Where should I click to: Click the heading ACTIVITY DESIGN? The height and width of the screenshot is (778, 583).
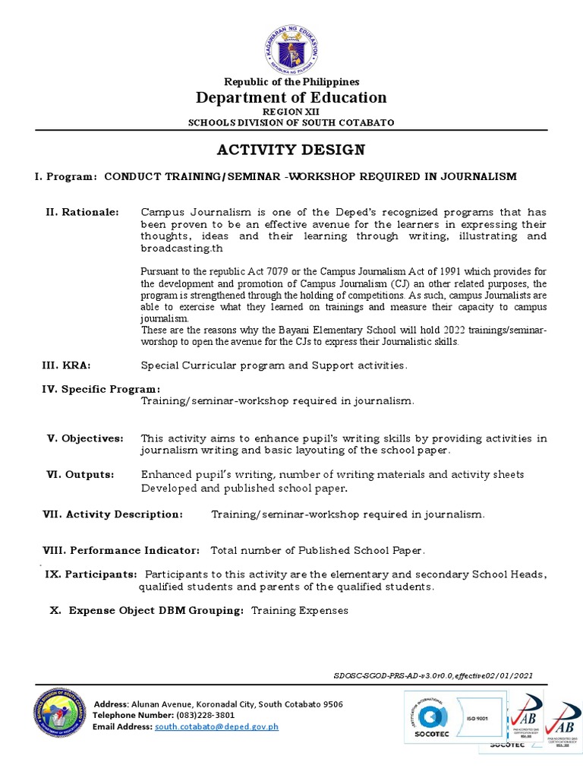pos(291,149)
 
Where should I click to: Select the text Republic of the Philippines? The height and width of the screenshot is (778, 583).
pos(291,82)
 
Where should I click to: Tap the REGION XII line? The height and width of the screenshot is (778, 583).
pos(291,112)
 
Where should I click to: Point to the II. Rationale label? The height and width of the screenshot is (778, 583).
pos(83,212)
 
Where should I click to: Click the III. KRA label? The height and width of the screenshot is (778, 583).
pos(66,365)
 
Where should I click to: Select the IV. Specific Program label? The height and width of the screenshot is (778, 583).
pos(100,389)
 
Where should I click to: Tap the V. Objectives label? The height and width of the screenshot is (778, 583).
pos(85,438)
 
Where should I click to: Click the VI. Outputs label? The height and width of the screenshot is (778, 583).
pos(80,474)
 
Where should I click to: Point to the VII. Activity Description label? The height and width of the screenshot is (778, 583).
pos(112,514)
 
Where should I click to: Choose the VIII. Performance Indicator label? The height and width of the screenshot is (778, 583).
pos(121,550)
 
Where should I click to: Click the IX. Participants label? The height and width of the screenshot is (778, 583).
pos(91,574)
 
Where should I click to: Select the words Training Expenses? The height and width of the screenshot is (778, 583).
pos(299,610)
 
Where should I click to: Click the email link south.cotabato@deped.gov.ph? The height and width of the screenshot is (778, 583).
pos(216,726)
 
